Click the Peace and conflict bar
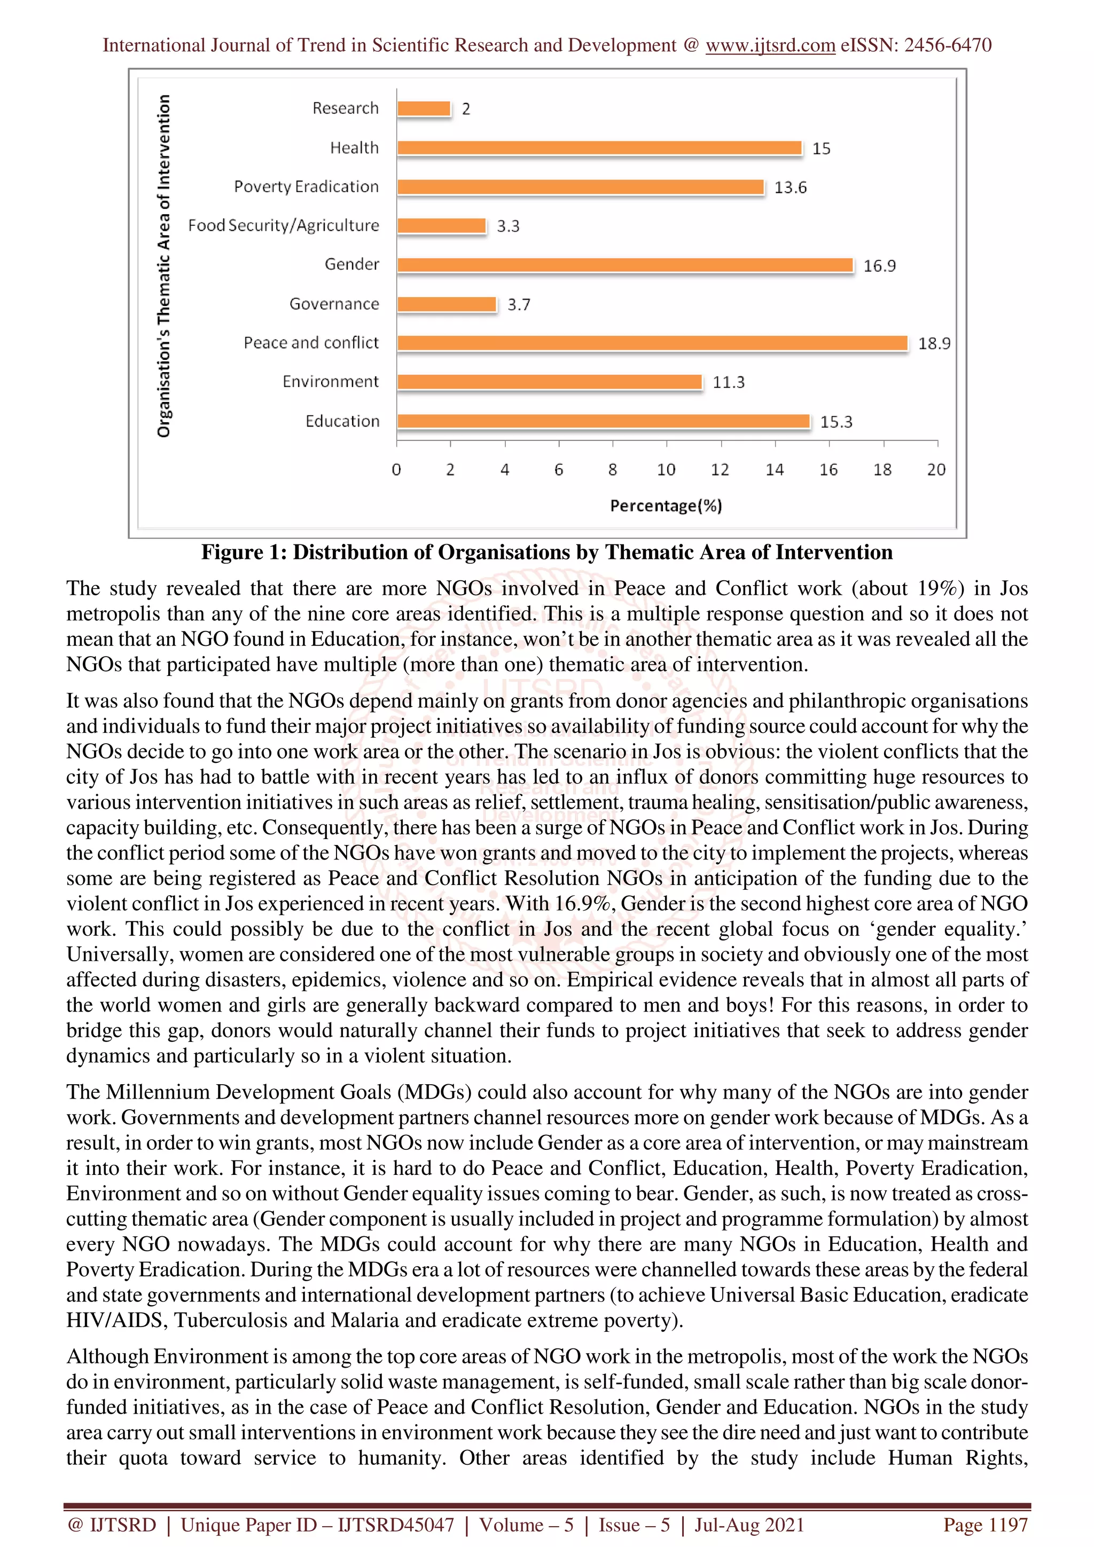click(652, 343)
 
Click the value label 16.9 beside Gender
click(879, 266)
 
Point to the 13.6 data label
click(790, 187)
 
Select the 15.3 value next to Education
click(836, 422)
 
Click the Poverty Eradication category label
click(306, 187)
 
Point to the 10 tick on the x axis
click(666, 470)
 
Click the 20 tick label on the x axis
click(935, 470)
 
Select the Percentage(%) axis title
click(665, 506)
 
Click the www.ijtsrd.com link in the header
click(770, 45)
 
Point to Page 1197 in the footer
click(985, 1525)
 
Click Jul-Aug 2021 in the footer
click(749, 1525)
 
